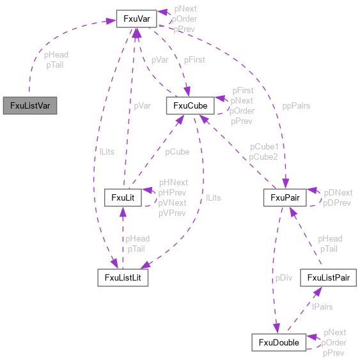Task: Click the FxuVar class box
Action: click(x=136, y=19)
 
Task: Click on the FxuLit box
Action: click(x=122, y=197)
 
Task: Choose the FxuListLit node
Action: click(x=123, y=277)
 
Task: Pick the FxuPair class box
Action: click(x=285, y=197)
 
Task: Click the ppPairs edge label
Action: click(x=296, y=105)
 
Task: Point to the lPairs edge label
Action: click(x=322, y=307)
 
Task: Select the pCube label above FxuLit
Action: click(x=177, y=152)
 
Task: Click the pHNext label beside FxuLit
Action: click(x=173, y=182)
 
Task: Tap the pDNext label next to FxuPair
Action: click(x=338, y=192)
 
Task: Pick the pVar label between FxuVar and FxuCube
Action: click(x=160, y=59)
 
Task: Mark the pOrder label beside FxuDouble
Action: click(x=334, y=342)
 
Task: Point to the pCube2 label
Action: click(x=263, y=157)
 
